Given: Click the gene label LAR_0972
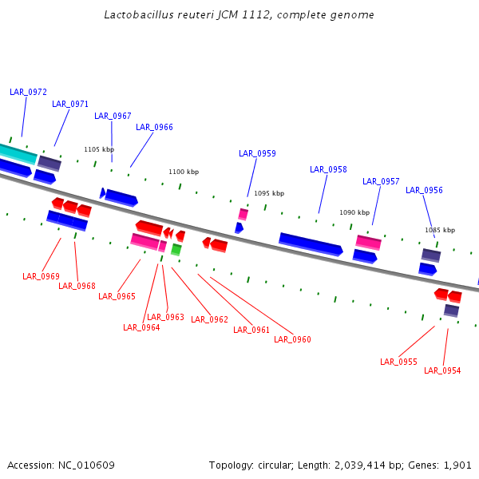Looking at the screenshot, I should tap(28, 92).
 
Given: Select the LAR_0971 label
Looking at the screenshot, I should tap(70, 104).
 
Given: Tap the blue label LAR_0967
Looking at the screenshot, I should tap(113, 116).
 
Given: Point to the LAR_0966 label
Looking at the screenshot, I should tap(154, 127).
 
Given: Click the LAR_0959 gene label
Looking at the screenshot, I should tap(257, 153).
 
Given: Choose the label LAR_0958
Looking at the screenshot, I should tap(328, 169).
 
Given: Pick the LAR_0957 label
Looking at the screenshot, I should tap(381, 181).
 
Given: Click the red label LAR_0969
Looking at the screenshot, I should tap(41, 276).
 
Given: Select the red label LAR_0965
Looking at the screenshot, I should tap(117, 296).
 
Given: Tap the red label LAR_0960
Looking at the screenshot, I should tap(292, 339).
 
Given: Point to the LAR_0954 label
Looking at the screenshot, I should tap(442, 370).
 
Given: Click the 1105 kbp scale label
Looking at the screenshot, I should tap(99, 149).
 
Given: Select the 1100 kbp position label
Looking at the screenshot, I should tap(184, 172).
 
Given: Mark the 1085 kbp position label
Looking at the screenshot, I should tap(440, 230).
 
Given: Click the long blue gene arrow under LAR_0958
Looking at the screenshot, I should tap(311, 244).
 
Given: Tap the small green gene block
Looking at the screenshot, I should tap(176, 250).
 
